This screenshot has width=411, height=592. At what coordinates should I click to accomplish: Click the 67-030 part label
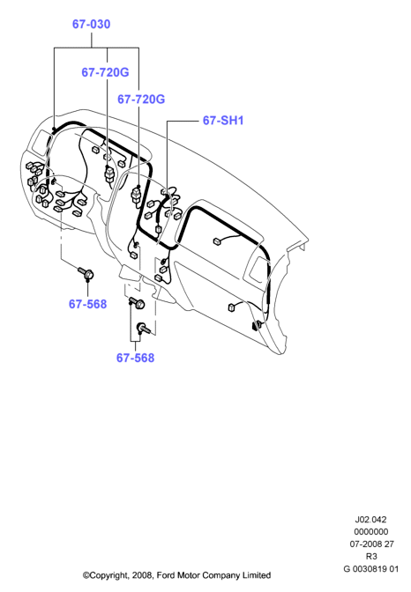tap(91, 24)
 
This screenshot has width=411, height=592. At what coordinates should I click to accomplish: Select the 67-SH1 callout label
tap(223, 121)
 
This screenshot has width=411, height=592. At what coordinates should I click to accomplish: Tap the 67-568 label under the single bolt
tap(87, 304)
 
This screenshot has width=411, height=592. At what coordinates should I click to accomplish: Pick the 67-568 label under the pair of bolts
tap(135, 358)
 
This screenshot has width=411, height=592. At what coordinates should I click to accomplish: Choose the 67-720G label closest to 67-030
tap(105, 72)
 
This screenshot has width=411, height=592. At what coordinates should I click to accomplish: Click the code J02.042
tap(370, 520)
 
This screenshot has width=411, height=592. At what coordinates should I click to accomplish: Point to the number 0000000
tap(371, 531)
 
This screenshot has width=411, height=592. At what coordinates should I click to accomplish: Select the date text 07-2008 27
tap(371, 544)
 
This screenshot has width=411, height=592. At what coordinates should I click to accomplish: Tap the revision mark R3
tap(371, 556)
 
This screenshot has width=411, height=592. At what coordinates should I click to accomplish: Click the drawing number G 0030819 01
tap(371, 568)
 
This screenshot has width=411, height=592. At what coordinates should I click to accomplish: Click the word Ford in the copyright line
tap(166, 575)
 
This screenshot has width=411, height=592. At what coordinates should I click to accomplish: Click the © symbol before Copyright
tap(86, 575)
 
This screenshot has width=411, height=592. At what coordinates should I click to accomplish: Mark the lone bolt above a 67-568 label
tap(86, 274)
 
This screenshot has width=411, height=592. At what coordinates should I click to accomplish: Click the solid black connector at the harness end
tap(258, 325)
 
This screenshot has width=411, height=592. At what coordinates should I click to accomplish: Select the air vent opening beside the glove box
tap(258, 270)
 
